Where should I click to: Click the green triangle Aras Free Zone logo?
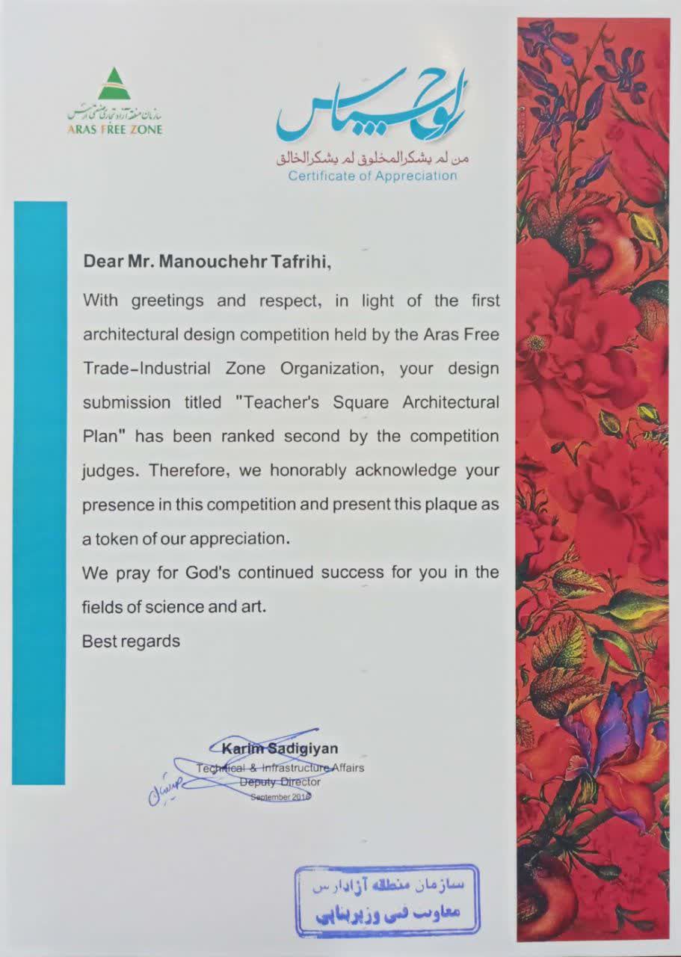[114, 84]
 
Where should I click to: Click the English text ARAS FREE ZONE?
[114, 129]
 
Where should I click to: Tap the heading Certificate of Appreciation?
[372, 176]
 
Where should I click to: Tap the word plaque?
[452, 505]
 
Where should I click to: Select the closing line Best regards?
[131, 641]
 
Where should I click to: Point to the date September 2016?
[280, 797]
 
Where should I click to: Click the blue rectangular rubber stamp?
[386, 899]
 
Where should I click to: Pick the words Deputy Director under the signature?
[280, 782]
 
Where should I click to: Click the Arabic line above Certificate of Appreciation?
[372, 159]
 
